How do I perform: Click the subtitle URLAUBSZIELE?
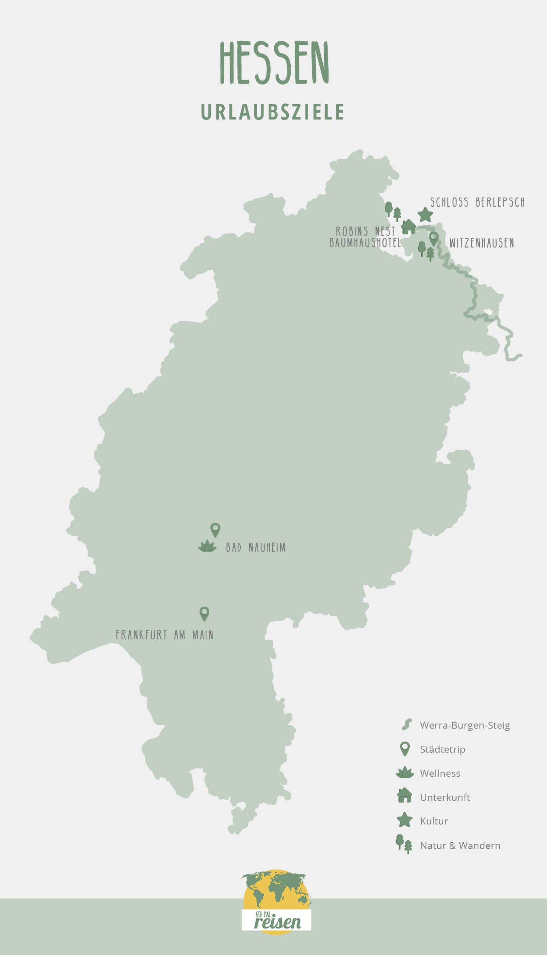[273, 112]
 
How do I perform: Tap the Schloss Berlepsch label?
[477, 203]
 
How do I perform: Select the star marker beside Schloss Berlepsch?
[425, 215]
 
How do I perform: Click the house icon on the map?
[409, 227]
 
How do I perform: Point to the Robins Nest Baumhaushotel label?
[365, 237]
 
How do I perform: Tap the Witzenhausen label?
[481, 243]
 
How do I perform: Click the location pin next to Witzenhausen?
[434, 238]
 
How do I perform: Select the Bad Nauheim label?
[256, 548]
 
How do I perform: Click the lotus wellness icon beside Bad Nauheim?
[207, 547]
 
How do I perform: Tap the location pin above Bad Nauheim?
[215, 529]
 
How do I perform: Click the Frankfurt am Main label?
[165, 635]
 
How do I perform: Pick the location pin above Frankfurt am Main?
[204, 613]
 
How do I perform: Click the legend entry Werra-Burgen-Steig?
[465, 725]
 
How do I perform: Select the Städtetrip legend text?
[442, 749]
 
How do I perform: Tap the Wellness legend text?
[440, 773]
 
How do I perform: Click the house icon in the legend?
[404, 796]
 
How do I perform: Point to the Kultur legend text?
[434, 821]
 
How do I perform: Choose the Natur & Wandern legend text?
[460, 845]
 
